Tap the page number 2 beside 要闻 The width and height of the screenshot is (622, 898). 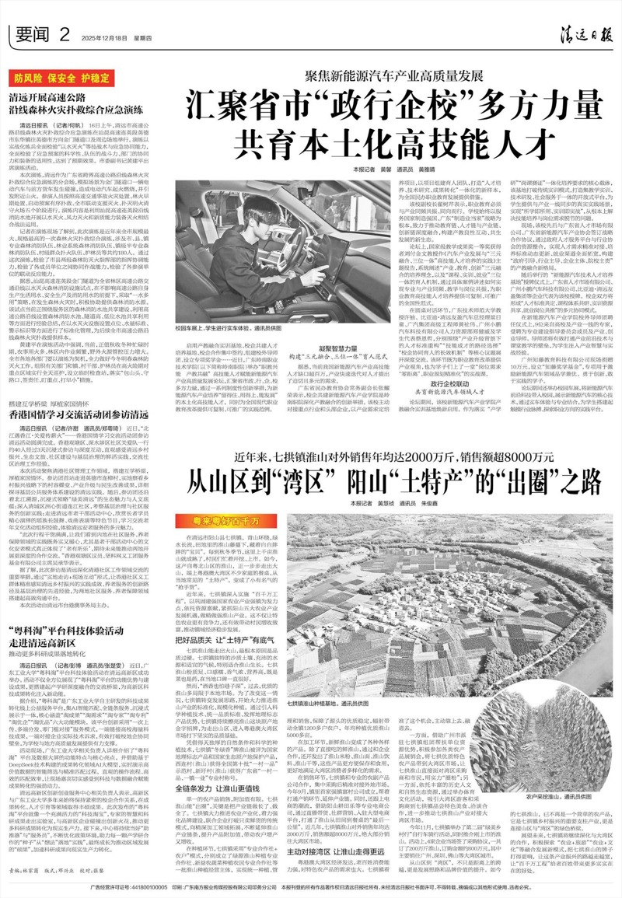pyautogui.click(x=65, y=32)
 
